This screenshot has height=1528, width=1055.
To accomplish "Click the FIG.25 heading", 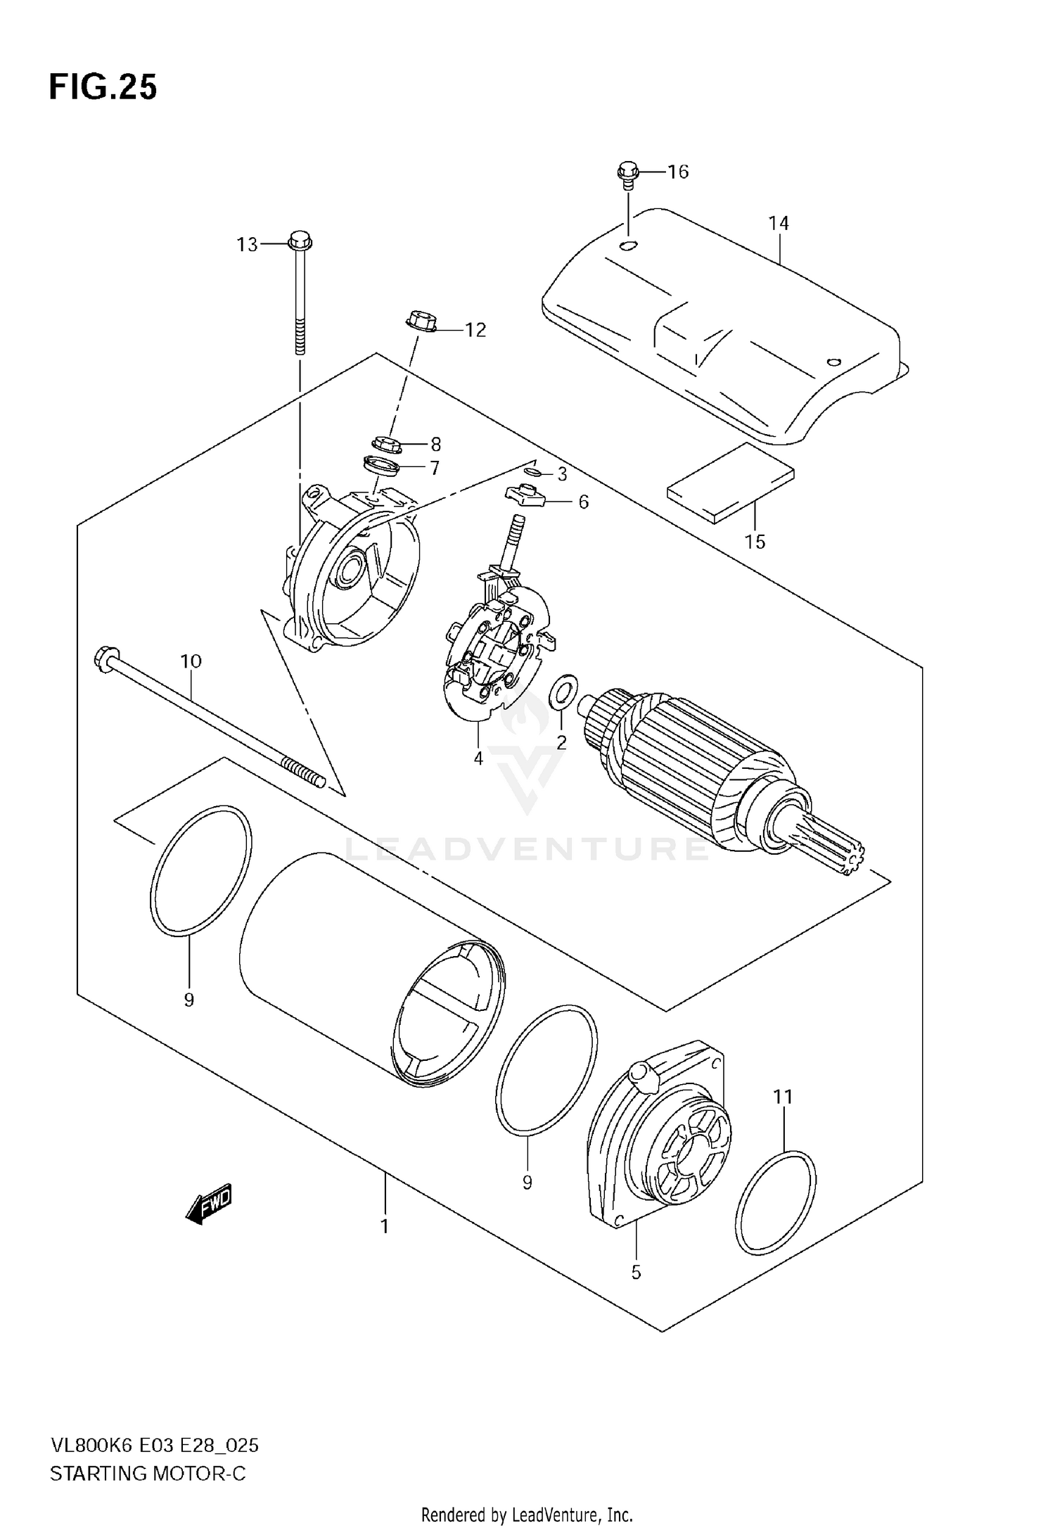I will click(x=103, y=89).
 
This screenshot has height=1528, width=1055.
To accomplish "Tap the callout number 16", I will click(x=677, y=172).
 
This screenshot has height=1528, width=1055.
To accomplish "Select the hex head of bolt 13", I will click(x=299, y=241).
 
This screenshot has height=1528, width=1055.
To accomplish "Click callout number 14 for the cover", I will click(x=779, y=224).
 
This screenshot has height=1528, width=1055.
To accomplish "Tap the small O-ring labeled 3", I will click(x=532, y=471).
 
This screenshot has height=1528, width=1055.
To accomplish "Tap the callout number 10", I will click(x=191, y=661).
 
